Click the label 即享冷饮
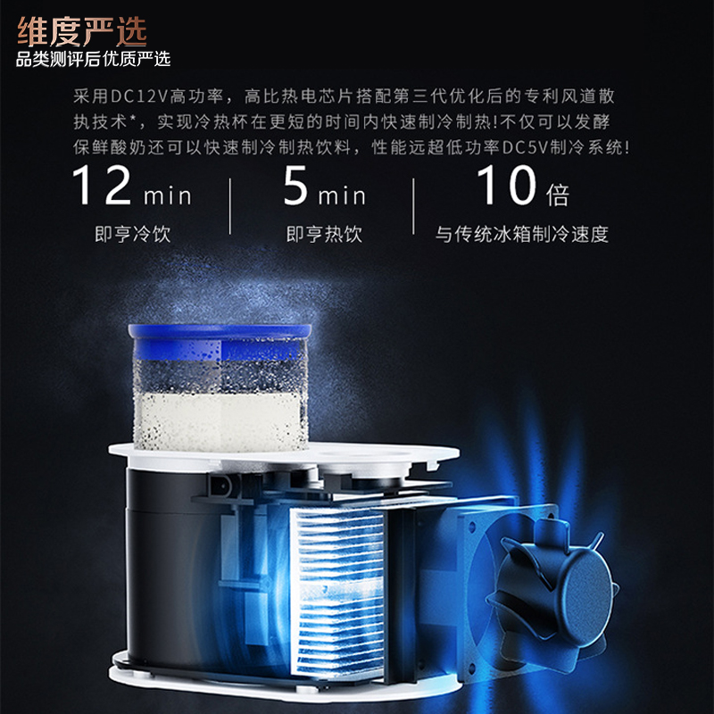[x=132, y=235]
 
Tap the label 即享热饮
[x=324, y=235]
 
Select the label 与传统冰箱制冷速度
[x=522, y=235]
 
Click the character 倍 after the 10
[x=556, y=193]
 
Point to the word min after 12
[x=165, y=193]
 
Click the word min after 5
[x=341, y=193]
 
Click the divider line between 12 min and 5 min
[x=230, y=207]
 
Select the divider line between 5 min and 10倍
[x=413, y=207]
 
